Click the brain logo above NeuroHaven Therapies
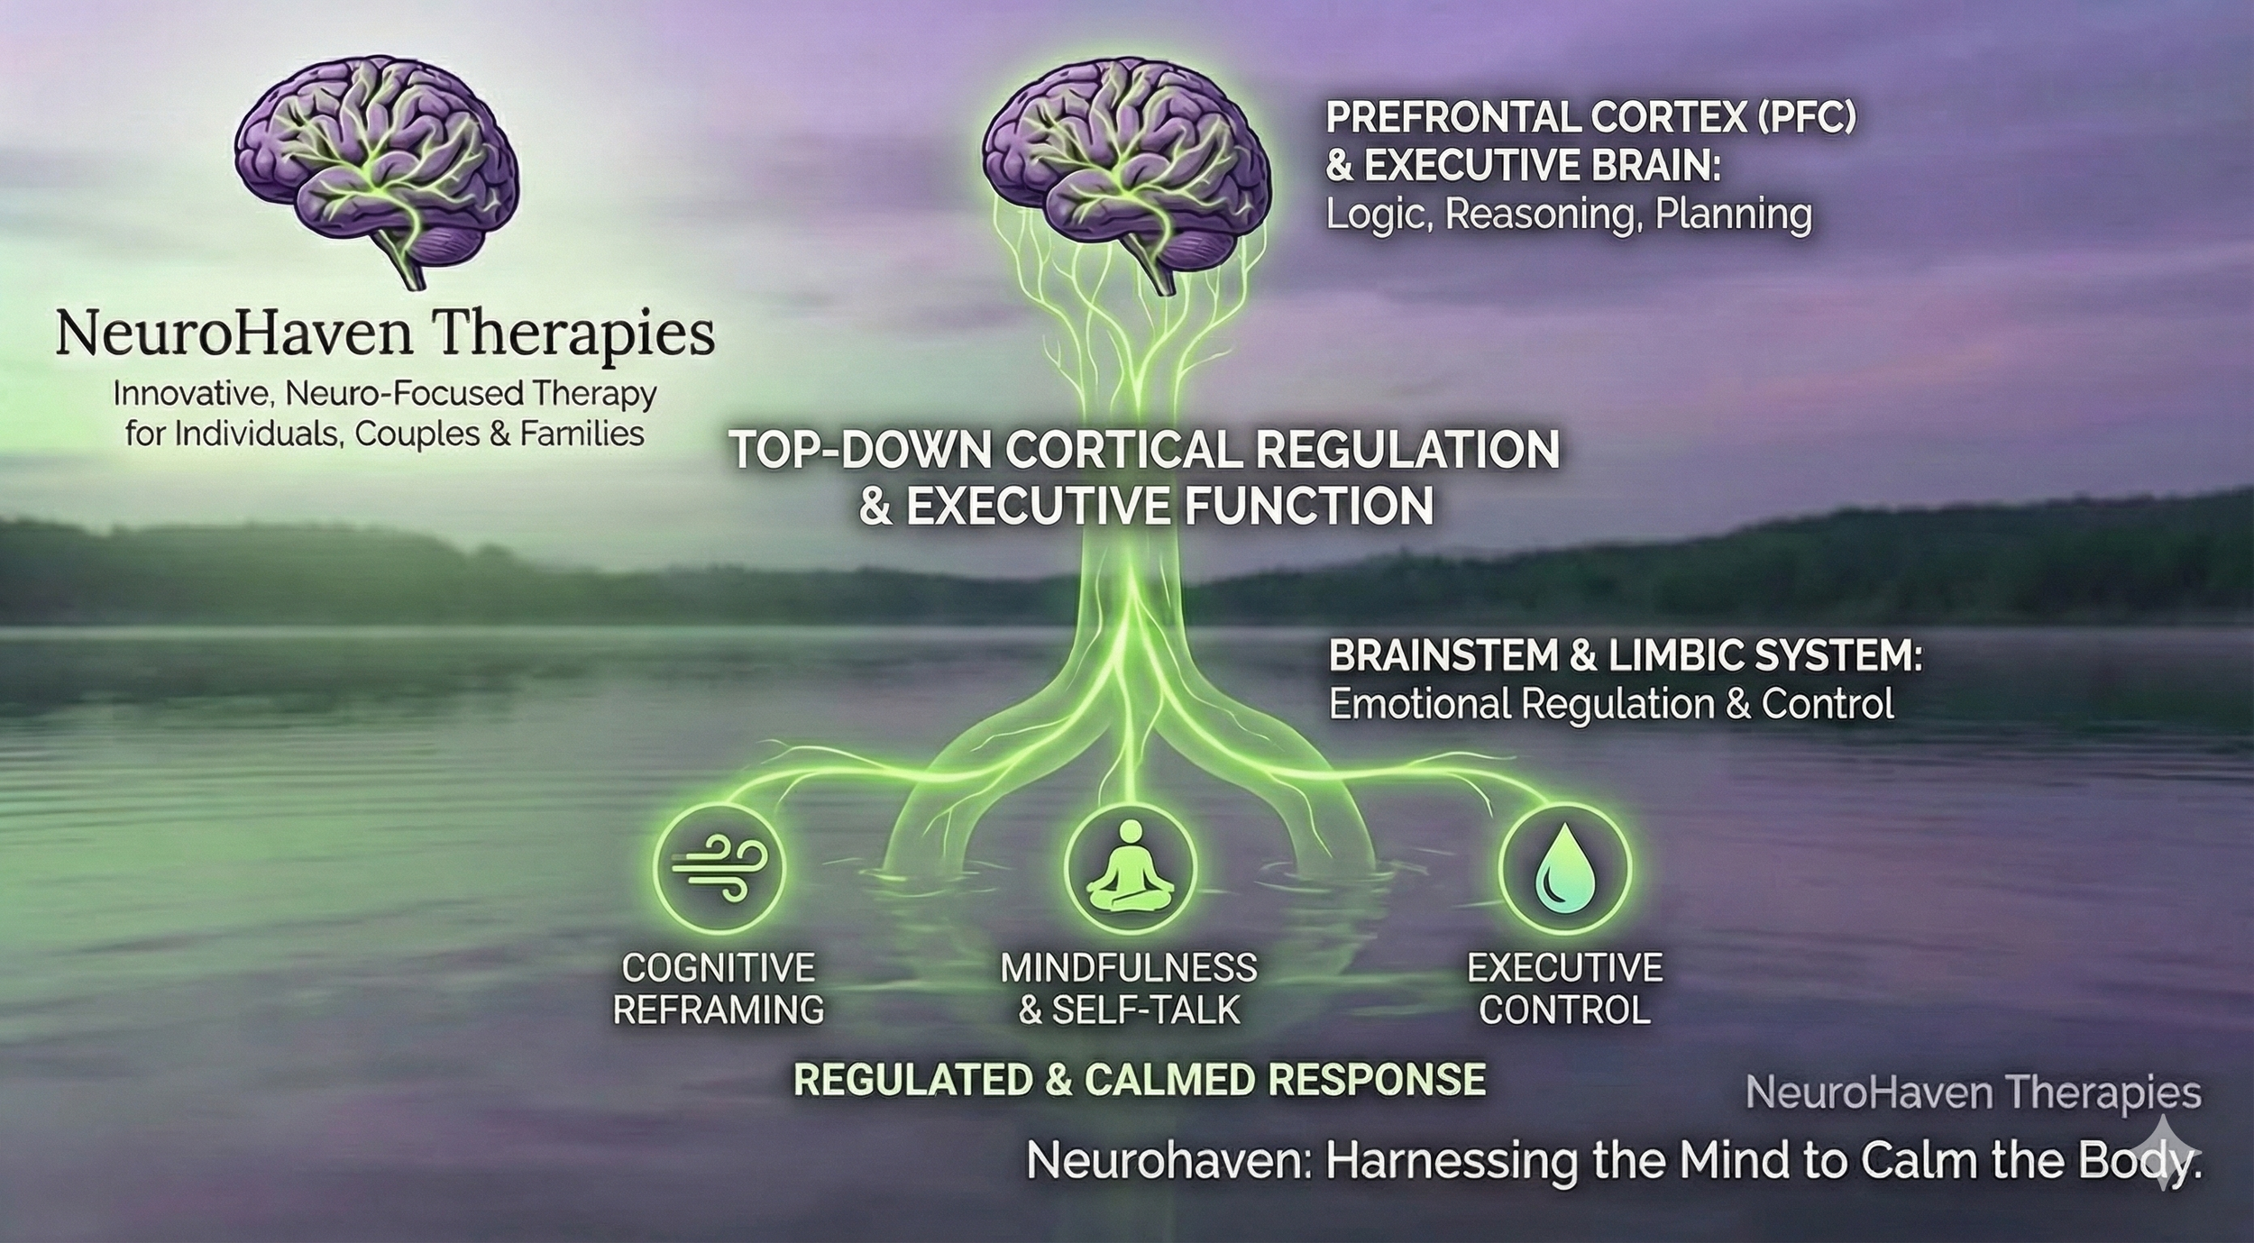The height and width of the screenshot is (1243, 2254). pyautogui.click(x=377, y=162)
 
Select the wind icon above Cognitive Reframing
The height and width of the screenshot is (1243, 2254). pyautogui.click(x=719, y=868)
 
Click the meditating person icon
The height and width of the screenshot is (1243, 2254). pyautogui.click(x=1130, y=868)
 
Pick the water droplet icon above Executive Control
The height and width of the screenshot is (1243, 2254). pyautogui.click(x=1564, y=868)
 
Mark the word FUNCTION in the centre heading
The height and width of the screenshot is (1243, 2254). pyautogui.click(x=1308, y=506)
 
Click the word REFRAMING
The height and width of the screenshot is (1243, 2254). pyautogui.click(x=719, y=1010)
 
